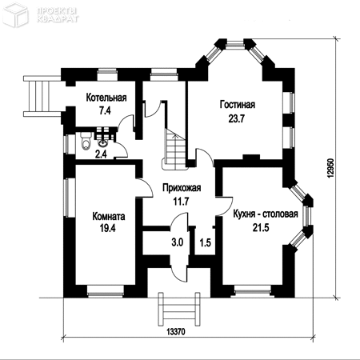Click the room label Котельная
pos(106,98)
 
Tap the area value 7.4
pos(105,110)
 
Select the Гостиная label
pos(238,105)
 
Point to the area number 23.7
pos(236,118)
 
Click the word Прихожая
pos(182,188)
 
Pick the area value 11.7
pos(182,202)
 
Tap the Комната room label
pos(109,216)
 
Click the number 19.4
pos(108,228)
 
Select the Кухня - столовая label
pos(266,214)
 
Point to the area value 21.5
pos(261,228)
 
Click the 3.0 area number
pos(178,242)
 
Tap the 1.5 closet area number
pos(206,242)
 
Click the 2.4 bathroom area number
pos(101,154)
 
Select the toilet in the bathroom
pos(86,141)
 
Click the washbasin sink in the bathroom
pos(103,143)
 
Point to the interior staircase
pos(174,149)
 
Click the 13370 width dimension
pos(176,332)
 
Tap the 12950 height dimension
pos(330,169)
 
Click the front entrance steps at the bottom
pos(179,309)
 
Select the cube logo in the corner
pos(16,14)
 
